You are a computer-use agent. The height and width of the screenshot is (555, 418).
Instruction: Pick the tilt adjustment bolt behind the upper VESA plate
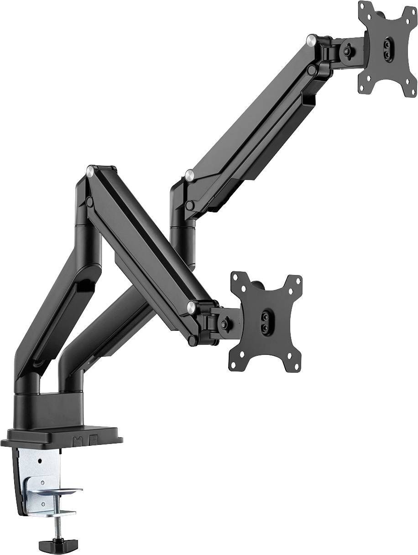point(348,47)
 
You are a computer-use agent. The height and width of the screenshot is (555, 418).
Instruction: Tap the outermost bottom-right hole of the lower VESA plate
point(296,359)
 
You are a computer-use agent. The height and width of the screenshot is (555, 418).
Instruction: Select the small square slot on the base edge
point(94,441)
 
